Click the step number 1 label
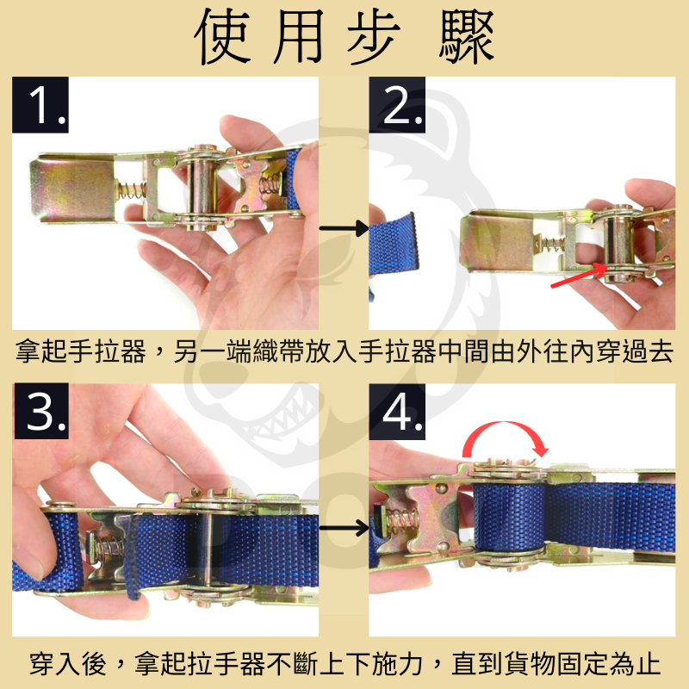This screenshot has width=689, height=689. (40, 106)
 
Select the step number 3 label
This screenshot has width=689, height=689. (40, 413)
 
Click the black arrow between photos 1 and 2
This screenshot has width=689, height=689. (342, 229)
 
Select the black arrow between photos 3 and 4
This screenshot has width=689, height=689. (342, 527)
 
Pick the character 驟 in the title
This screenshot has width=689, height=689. (466, 39)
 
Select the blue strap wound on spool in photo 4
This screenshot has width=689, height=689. (510, 515)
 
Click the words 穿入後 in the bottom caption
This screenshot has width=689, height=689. (65, 664)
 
